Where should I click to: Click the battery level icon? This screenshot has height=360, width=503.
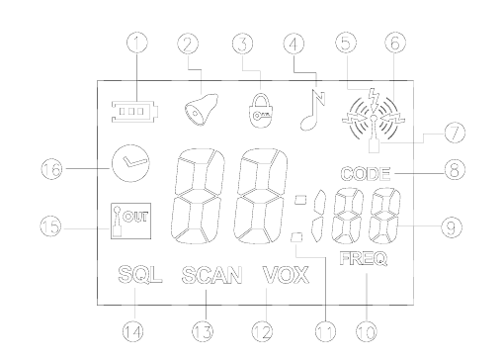[x=134, y=112]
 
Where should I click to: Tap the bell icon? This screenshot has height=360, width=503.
[x=201, y=110]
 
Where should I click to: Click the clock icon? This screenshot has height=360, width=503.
[x=130, y=163]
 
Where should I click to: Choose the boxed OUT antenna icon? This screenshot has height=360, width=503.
[x=130, y=221]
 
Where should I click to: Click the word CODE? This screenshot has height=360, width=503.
[x=366, y=174]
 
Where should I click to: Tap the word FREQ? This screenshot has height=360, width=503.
[x=364, y=258]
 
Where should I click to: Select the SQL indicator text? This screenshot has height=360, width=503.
[x=140, y=275]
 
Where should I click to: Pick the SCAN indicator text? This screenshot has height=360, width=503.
[x=211, y=275]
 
